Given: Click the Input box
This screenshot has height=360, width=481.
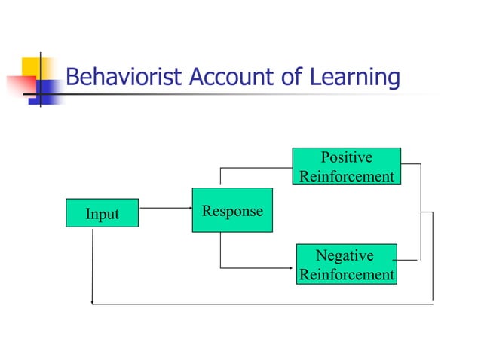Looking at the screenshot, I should click(x=102, y=214).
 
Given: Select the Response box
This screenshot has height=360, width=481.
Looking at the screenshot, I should click(x=231, y=210).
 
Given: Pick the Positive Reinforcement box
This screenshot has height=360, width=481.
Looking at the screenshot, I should click(x=346, y=166).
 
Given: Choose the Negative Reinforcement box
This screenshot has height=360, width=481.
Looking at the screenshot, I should click(x=346, y=264).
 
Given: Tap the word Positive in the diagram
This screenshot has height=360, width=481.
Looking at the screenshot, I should click(x=346, y=157).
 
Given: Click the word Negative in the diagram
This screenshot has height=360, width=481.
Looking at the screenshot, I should click(x=345, y=256).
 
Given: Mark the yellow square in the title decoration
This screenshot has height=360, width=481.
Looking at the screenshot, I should click(x=35, y=67).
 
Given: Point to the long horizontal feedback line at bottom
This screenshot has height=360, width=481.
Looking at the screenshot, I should click(x=264, y=304).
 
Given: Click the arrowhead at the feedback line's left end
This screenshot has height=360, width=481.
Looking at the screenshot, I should click(x=93, y=304).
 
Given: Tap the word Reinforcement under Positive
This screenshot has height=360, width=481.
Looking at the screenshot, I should click(x=346, y=176).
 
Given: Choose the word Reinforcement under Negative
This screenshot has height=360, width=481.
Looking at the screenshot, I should click(x=346, y=275).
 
